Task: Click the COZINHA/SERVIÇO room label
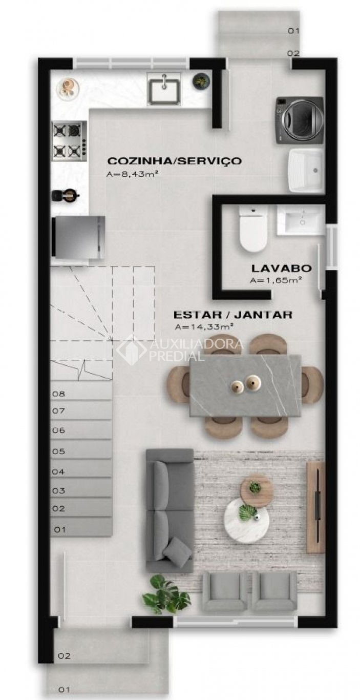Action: pos(174,161)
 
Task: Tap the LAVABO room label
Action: pos(281,267)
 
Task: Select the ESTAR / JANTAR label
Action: pos(233,314)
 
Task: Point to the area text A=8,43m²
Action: pos(132,174)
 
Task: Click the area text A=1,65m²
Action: pos(276,280)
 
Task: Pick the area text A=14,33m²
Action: pos(204,326)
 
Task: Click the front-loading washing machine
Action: pos(300,120)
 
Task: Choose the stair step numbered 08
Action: pos(81,394)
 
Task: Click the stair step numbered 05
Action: pos(81,451)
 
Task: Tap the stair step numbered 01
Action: pos(81,529)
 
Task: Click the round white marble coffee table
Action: pos(247,520)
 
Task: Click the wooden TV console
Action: pos(316,507)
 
